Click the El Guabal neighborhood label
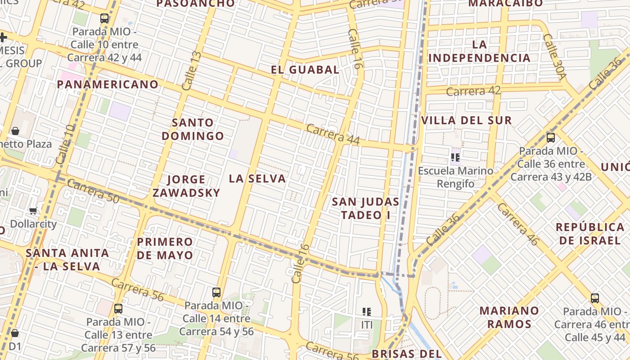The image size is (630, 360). (x=305, y=70)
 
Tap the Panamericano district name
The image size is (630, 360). (x=108, y=84)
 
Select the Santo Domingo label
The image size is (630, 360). (x=193, y=129)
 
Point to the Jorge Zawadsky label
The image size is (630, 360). (x=186, y=186)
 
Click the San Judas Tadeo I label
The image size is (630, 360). (x=365, y=208)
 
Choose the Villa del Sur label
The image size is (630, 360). (x=466, y=121)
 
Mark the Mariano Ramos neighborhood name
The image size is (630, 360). (x=509, y=317)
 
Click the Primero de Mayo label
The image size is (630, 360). (x=165, y=248)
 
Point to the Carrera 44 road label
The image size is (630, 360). (x=333, y=134)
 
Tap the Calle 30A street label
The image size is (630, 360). (x=554, y=57)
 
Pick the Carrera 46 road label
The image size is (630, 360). (x=517, y=224)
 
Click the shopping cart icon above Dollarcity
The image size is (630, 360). (x=33, y=211)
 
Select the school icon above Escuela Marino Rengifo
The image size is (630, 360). (x=455, y=157)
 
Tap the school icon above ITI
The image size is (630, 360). (x=366, y=311)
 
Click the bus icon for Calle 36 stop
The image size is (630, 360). (x=550, y=138)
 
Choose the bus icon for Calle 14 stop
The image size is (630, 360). (x=216, y=292)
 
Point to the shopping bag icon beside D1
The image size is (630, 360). (x=15, y=333)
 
